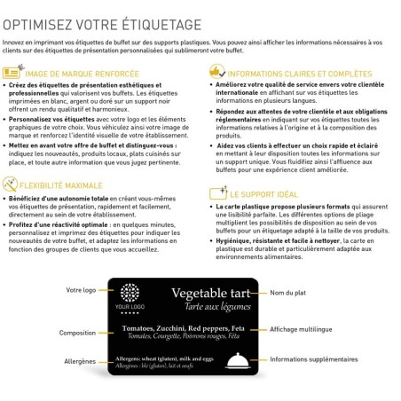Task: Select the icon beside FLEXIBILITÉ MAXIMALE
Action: point(12,184)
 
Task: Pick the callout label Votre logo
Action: point(82,290)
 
